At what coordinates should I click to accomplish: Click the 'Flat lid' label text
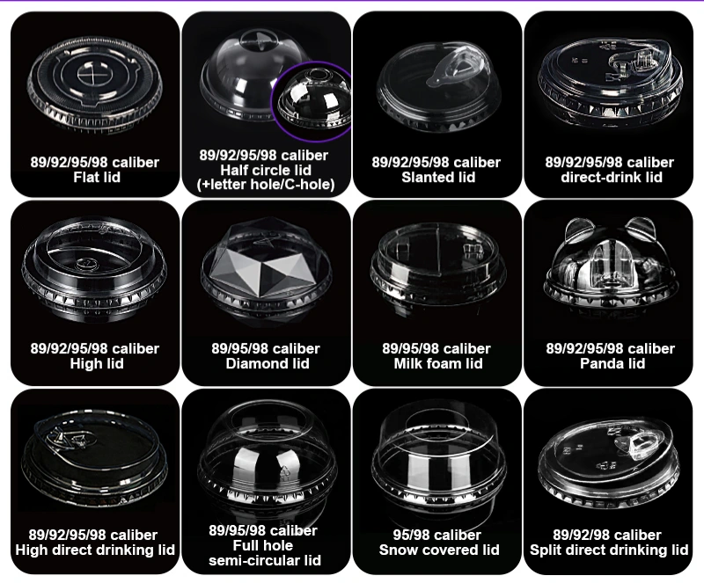coord(97,178)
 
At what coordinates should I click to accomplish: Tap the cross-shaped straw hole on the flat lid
coord(91,73)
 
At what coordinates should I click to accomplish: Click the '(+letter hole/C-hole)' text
coord(266,185)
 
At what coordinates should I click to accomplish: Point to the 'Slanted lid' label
coord(438,178)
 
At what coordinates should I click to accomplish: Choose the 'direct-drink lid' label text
coord(612,178)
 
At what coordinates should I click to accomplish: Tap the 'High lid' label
coord(97,363)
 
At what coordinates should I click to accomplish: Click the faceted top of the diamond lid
coord(266,259)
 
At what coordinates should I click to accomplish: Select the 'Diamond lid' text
coord(268,363)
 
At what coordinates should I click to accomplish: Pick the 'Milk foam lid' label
coord(438,363)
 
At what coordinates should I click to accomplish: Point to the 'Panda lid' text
coord(612,363)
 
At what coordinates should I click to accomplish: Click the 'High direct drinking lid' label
coord(95,550)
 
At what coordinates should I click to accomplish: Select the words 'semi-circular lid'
coord(265,560)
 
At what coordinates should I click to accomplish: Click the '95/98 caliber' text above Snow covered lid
coord(437,535)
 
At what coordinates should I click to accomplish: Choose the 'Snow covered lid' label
coord(439,550)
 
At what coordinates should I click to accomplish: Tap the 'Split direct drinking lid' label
coord(609,550)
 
